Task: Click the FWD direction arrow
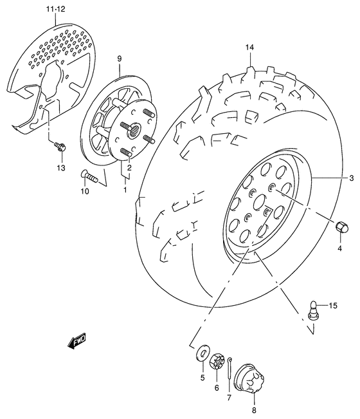[x=76, y=340]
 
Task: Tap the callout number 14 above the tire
[x=249, y=48]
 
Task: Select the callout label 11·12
[x=55, y=10]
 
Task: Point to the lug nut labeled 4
[x=342, y=227]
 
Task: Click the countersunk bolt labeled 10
[x=89, y=176]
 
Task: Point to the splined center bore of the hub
[x=134, y=130]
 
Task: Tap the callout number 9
[x=119, y=59]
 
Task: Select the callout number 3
[x=351, y=178]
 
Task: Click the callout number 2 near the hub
[x=129, y=167]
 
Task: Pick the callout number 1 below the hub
[x=125, y=190]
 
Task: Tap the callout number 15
[x=333, y=305]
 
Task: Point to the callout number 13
[x=61, y=168]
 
